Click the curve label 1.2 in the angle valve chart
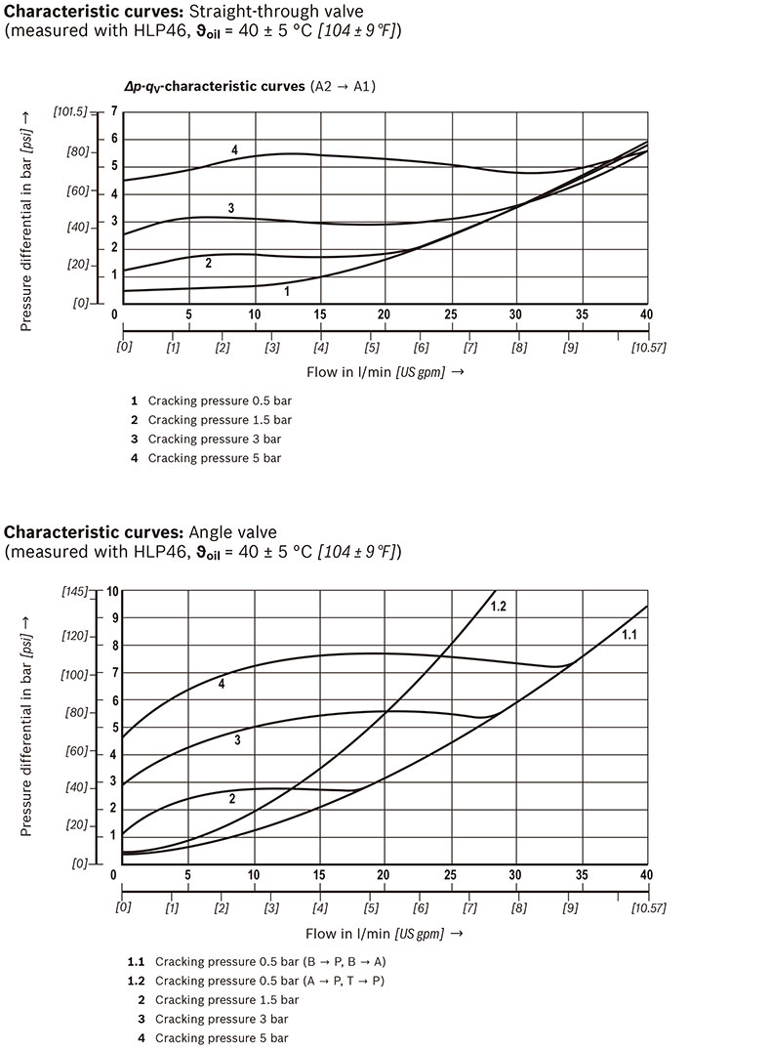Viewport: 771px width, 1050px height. [498, 607]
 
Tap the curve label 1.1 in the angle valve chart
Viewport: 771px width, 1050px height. [629, 635]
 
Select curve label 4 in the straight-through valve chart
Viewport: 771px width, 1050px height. [235, 149]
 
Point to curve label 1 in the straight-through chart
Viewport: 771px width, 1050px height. [287, 290]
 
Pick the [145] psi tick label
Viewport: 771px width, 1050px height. [74, 591]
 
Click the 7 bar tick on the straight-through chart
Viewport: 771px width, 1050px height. [114, 111]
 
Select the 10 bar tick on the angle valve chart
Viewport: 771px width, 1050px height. [112, 591]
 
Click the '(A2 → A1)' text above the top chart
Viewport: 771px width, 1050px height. [344, 86]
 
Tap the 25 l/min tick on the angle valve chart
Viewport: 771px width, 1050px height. [450, 873]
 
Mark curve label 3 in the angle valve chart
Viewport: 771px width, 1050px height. [237, 740]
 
